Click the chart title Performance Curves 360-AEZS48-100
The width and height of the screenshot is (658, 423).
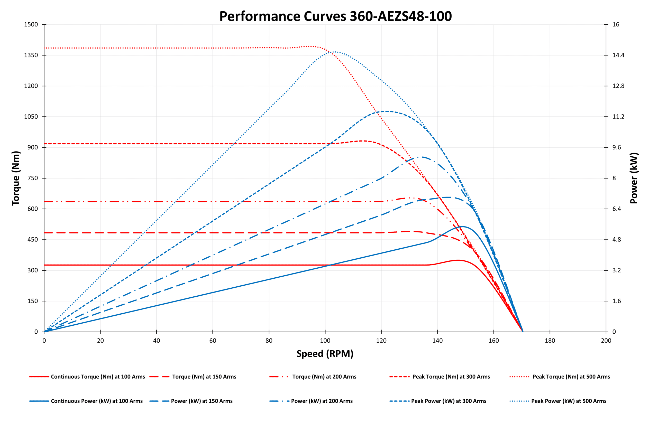[335, 16]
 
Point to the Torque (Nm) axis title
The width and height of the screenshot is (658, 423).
[16, 178]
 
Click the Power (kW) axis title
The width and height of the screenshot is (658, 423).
[634, 178]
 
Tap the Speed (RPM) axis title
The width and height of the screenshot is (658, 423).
[325, 353]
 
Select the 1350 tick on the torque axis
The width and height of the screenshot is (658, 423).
[31, 55]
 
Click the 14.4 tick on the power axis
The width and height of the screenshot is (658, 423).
[618, 55]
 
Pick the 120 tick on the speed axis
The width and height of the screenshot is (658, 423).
[381, 341]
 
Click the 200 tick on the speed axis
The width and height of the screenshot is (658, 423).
[606, 341]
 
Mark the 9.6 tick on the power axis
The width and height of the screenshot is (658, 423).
[617, 147]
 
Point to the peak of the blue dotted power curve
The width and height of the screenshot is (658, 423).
[335, 52]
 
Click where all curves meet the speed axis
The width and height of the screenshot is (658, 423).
[523, 332]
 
